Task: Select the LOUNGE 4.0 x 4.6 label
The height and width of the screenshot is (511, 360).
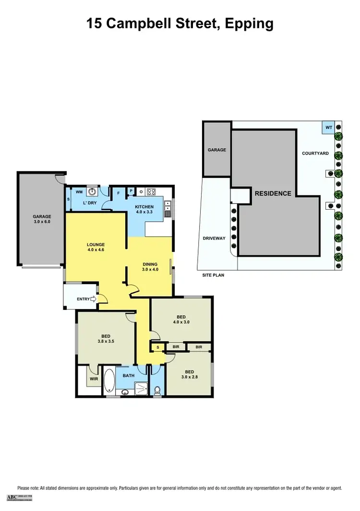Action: (x=96, y=247)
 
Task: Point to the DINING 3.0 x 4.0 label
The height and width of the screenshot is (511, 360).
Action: (x=150, y=266)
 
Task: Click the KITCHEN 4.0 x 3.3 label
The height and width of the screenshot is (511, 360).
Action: (x=144, y=209)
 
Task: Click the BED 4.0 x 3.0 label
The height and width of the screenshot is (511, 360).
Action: (x=181, y=320)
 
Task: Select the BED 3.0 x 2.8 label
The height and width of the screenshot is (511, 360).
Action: (x=189, y=374)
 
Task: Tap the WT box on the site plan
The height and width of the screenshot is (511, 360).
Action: (x=329, y=128)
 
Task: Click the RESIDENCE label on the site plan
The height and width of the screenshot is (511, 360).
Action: (x=273, y=193)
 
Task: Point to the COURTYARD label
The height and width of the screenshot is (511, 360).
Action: (x=315, y=154)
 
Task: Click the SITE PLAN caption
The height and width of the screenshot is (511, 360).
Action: (x=213, y=275)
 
